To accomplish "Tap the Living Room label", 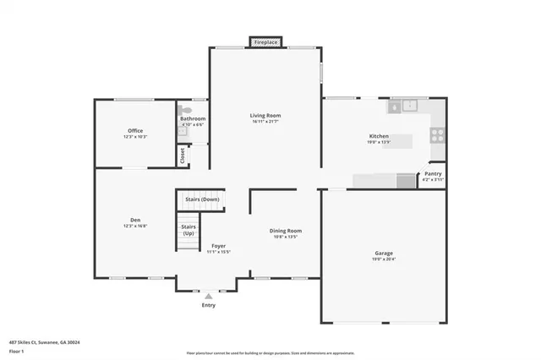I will pos(265,115).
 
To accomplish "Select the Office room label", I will pos(135,130).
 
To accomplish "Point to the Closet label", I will pos(182,155).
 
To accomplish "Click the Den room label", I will pos(135,220).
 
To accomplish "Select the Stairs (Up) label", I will pos(188,230).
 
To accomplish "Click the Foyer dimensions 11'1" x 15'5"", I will pos(218,252).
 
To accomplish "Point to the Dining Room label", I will pos(285,230).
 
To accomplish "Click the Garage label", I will pos(384,253).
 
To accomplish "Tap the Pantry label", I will pos(433,173).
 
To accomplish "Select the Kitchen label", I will pos(378,136).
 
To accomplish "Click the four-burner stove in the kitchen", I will pos(437,134).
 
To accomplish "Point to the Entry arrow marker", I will pos(208,296).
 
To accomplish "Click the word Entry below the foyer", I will pos(208,305).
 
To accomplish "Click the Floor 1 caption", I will pos(16,351).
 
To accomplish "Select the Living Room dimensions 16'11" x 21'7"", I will pos(265,123).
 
